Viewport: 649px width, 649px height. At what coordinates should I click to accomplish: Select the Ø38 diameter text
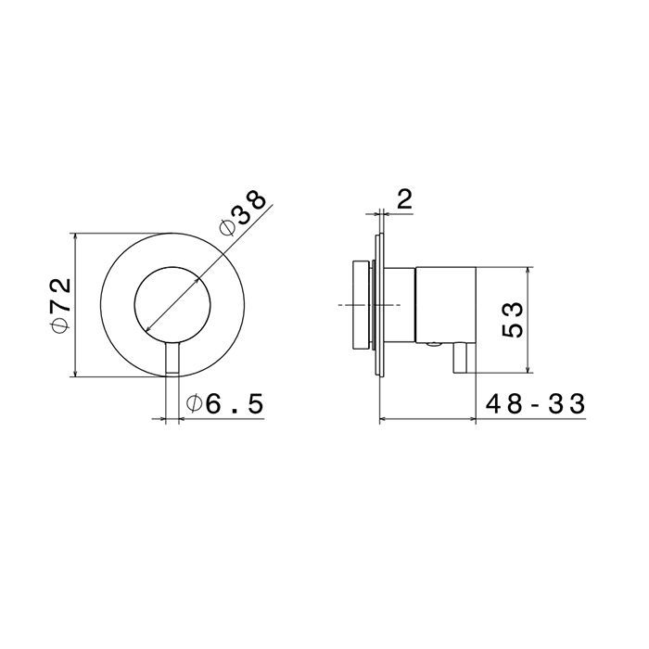(x=243, y=213)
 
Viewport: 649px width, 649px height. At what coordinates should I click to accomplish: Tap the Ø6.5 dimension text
(x=225, y=404)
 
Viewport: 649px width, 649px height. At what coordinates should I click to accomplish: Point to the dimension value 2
(x=404, y=200)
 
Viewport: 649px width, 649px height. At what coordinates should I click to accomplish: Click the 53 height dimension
(x=513, y=319)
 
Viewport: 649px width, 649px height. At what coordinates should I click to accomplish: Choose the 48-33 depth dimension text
(x=536, y=403)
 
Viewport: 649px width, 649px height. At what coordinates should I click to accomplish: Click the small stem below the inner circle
(x=172, y=358)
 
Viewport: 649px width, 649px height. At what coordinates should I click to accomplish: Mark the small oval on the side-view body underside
(x=434, y=343)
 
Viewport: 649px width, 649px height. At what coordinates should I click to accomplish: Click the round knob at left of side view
(x=361, y=305)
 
